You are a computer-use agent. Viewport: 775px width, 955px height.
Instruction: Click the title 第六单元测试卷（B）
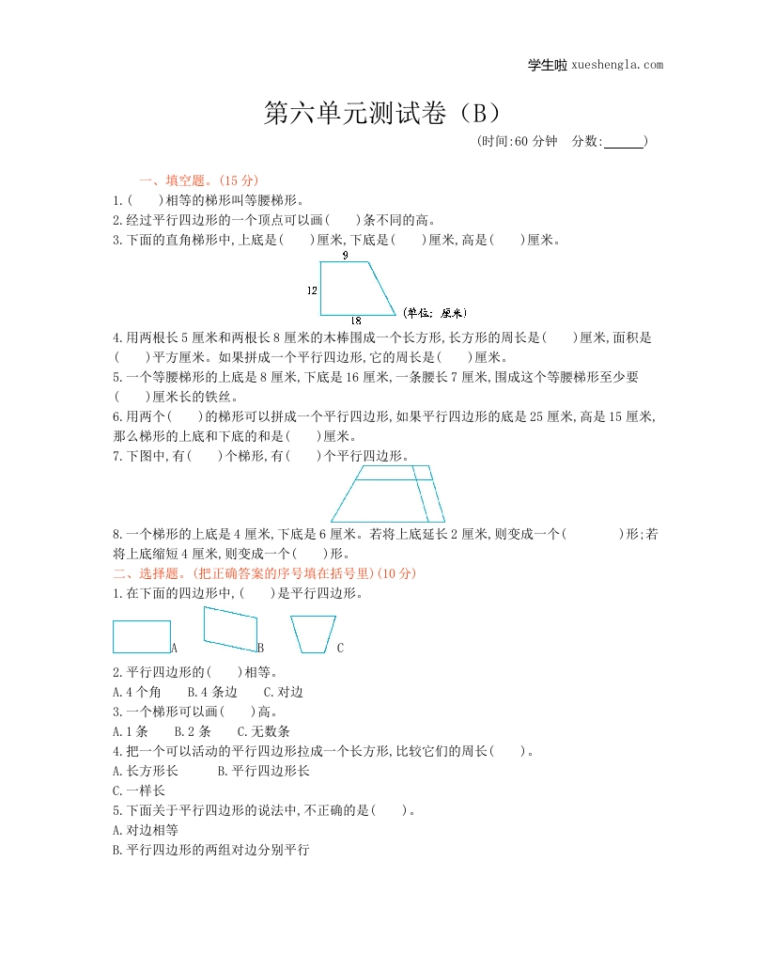point(386,114)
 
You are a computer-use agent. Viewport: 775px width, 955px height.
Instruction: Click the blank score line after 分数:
point(624,143)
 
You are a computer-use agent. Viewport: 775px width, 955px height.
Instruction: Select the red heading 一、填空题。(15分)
point(198,180)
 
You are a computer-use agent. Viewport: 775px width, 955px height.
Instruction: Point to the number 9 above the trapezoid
point(345,255)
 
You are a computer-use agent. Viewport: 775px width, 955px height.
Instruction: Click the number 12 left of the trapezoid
point(312,290)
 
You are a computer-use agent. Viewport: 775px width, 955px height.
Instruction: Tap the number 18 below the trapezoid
point(356,321)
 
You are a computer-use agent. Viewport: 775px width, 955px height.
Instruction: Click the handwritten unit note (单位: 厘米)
point(434,313)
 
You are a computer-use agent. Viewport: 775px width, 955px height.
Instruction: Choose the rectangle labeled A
point(142,636)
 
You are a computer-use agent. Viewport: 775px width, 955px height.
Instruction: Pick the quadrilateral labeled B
point(230,629)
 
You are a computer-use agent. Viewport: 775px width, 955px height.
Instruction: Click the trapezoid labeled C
point(313,634)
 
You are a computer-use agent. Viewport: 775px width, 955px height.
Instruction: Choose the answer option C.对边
point(283,692)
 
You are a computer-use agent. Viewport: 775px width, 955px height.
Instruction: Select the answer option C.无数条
point(263,731)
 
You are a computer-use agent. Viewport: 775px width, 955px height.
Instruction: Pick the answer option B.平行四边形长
point(263,771)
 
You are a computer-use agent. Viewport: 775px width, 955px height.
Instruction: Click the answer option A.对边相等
point(145,830)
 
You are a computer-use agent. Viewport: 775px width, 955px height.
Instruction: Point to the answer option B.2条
point(193,731)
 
